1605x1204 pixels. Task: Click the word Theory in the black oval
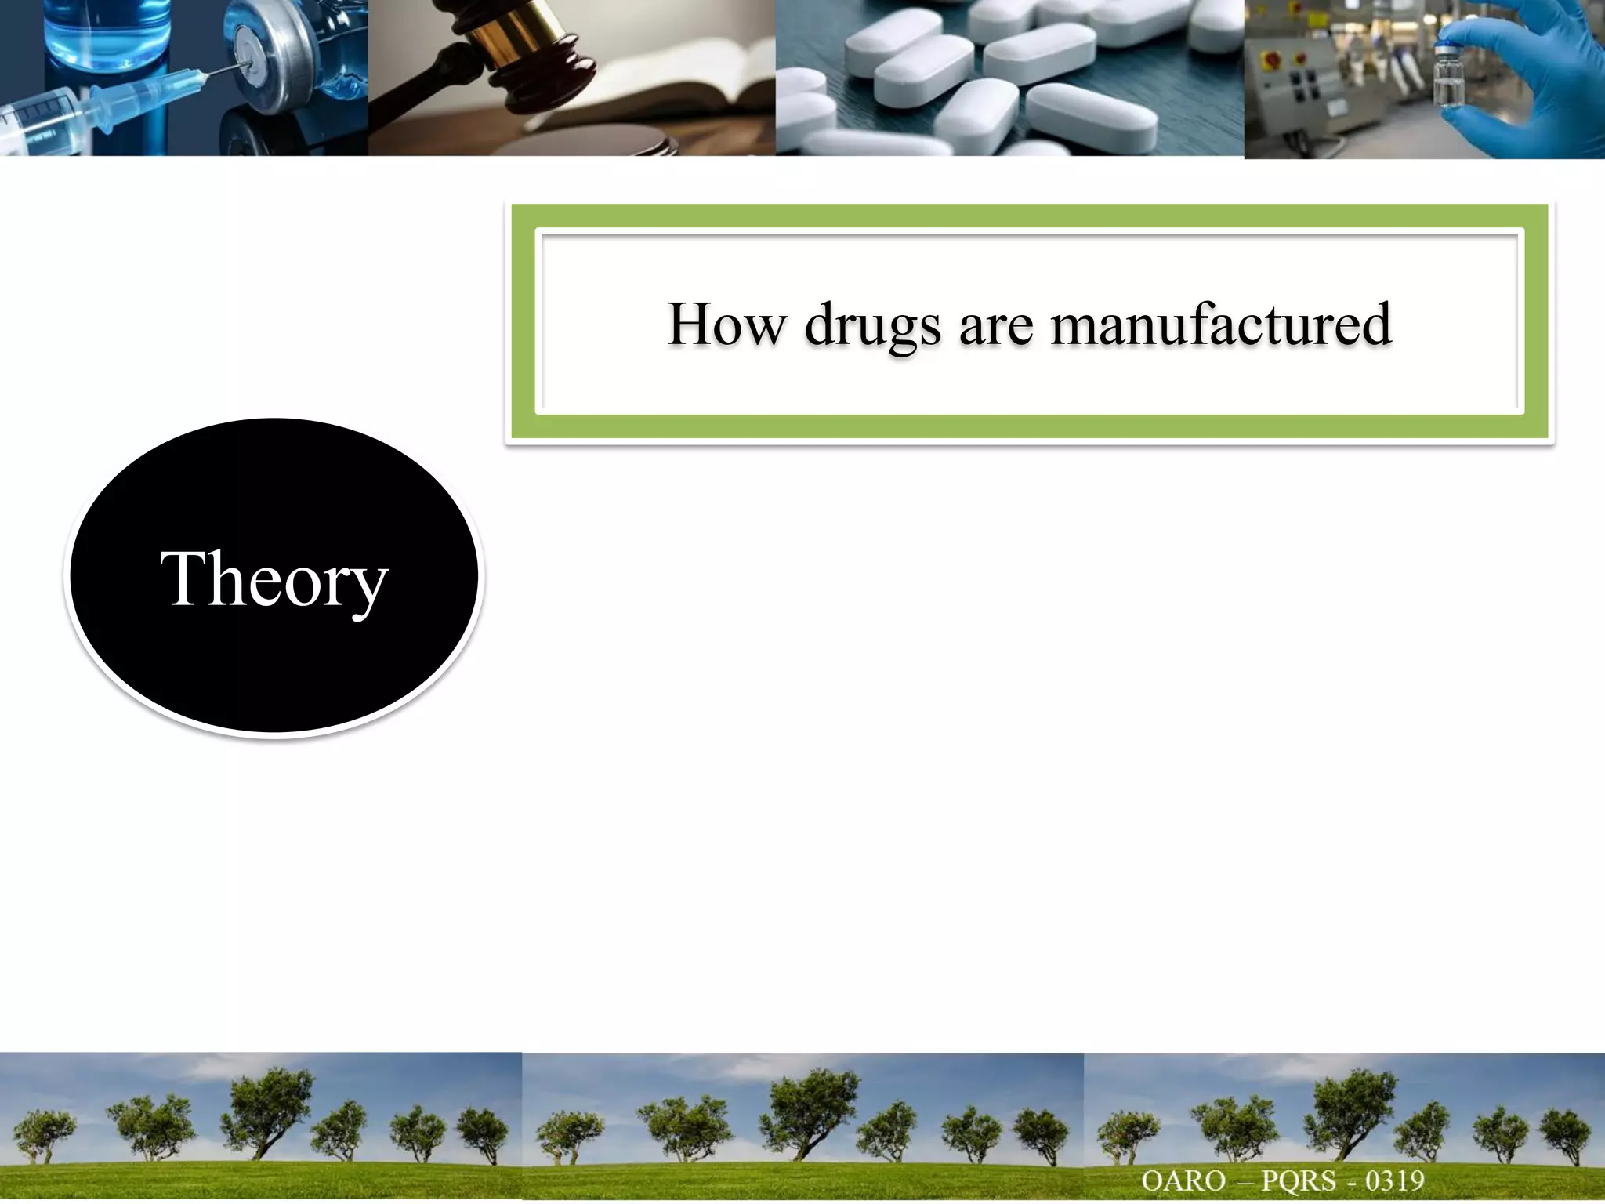point(274,580)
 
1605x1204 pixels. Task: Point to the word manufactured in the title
point(1220,324)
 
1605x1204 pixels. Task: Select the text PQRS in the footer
point(1298,1180)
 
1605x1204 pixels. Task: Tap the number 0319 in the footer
point(1395,1180)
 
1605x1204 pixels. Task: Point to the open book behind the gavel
point(690,86)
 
